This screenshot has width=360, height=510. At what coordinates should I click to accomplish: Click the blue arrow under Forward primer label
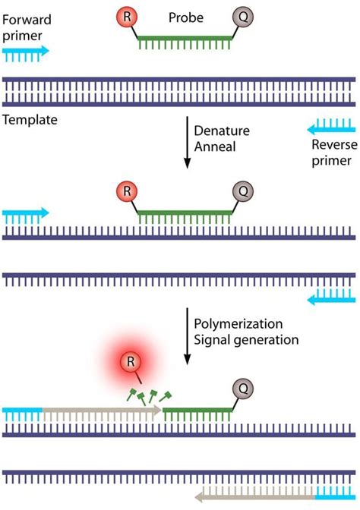click(x=26, y=52)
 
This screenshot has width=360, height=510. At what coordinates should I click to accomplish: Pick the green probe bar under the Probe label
click(x=186, y=44)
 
